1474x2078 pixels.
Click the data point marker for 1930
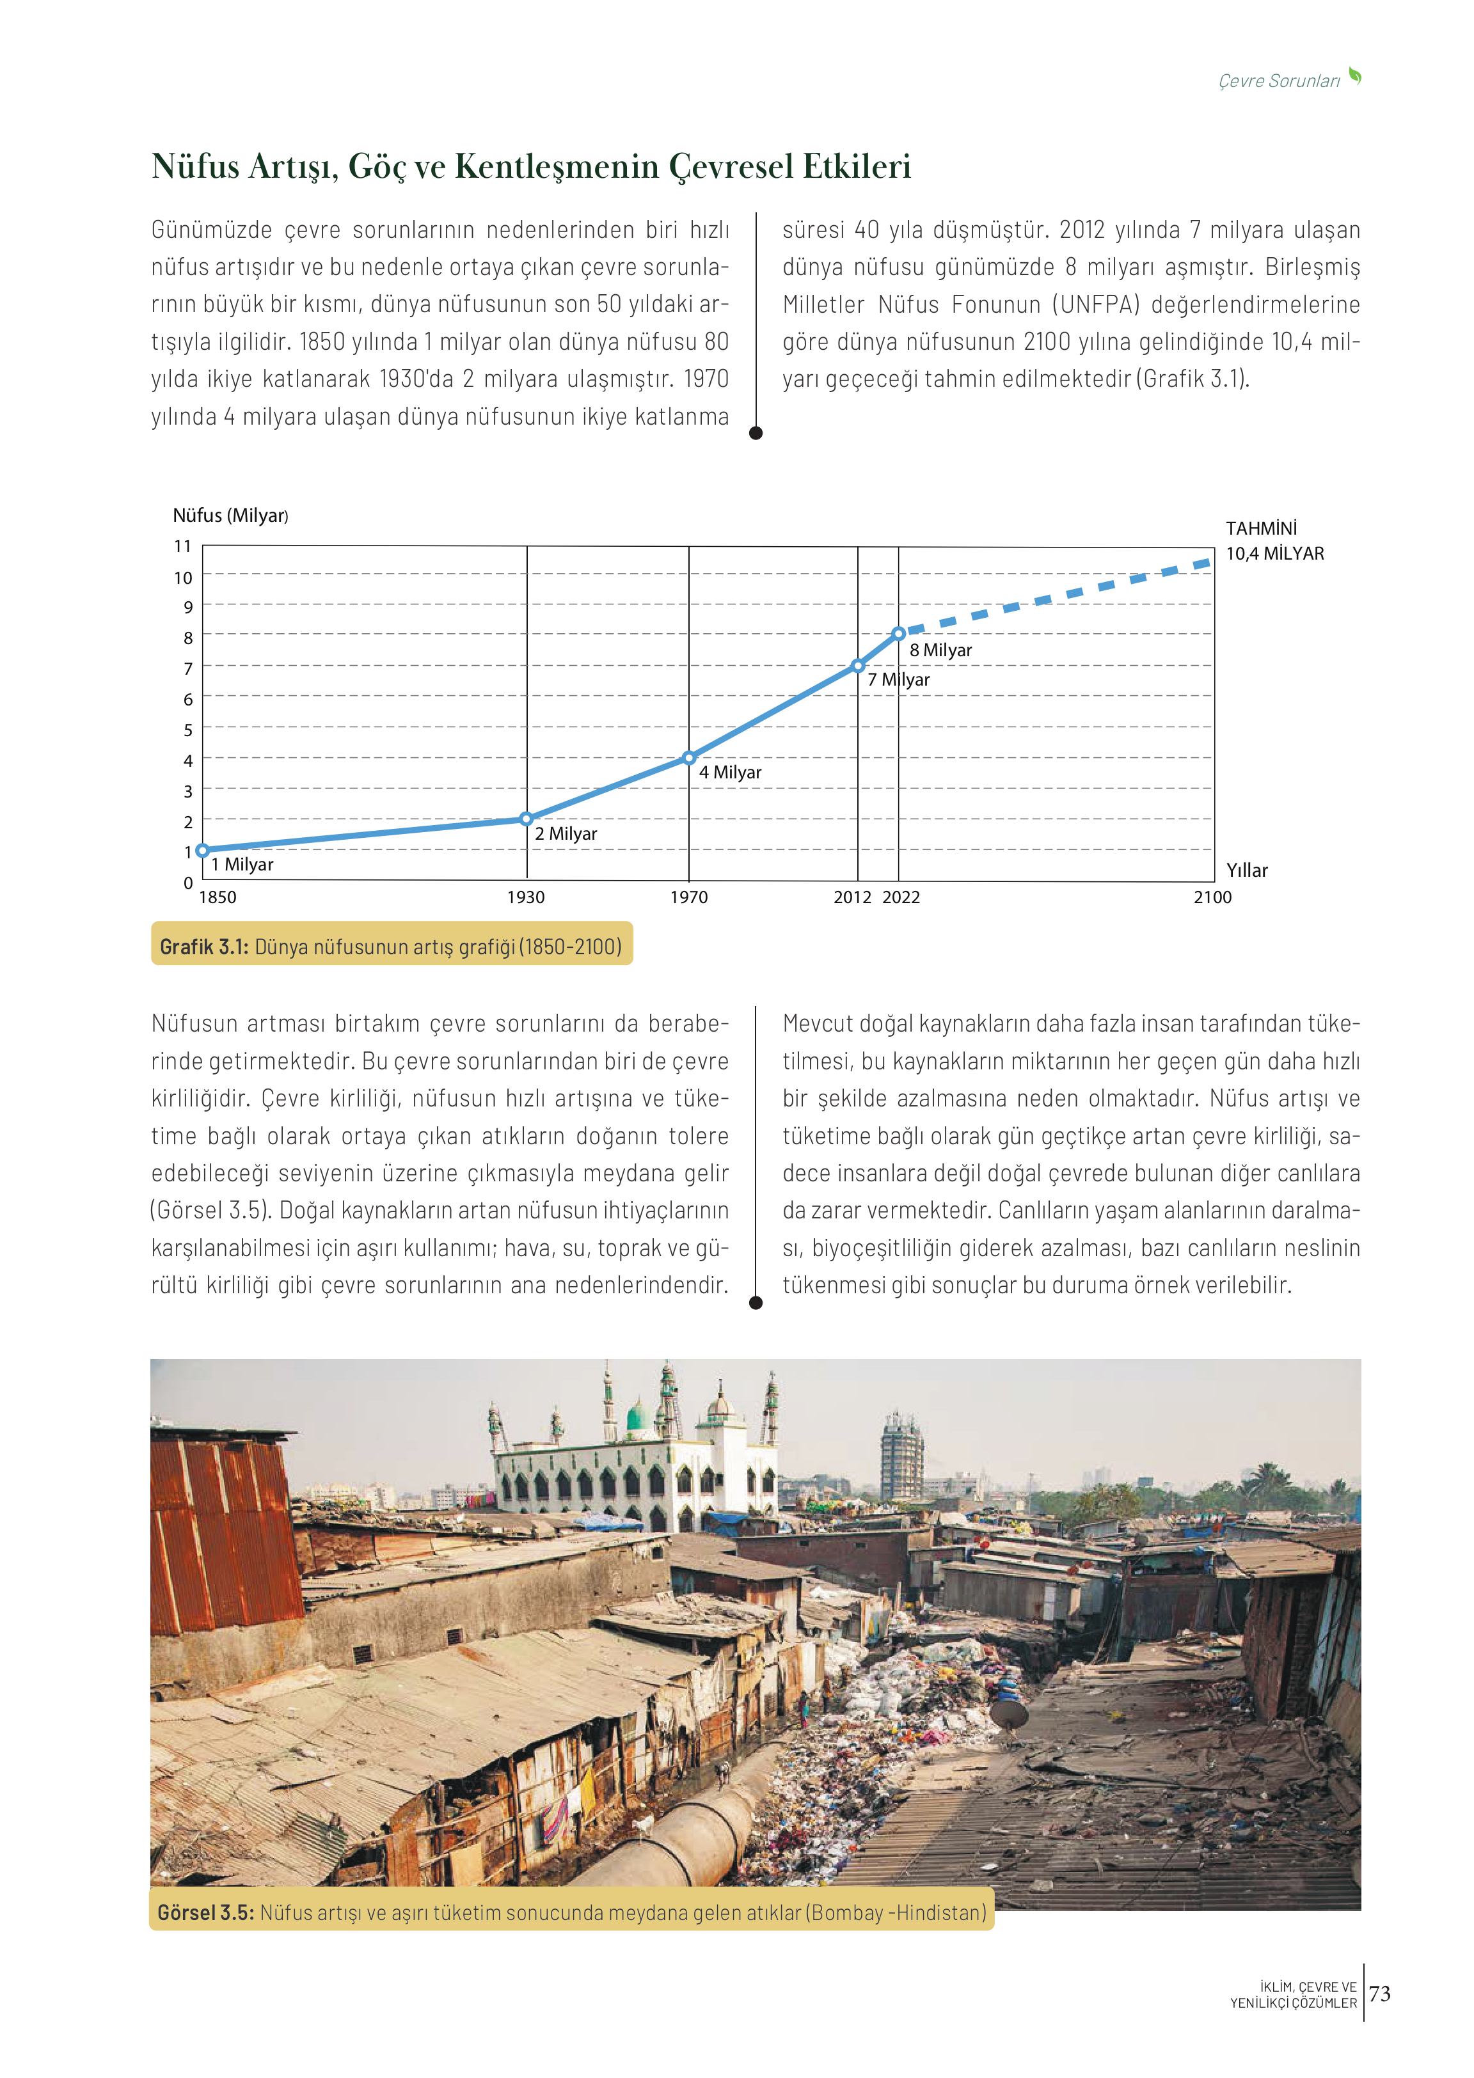[527, 819]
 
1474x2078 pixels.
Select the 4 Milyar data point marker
[689, 758]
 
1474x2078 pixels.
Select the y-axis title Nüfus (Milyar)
[230, 516]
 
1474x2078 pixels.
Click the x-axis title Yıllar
[1247, 870]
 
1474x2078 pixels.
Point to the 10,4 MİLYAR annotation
[1274, 553]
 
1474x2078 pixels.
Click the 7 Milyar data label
[899, 680]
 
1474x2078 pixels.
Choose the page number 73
[1379, 1993]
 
